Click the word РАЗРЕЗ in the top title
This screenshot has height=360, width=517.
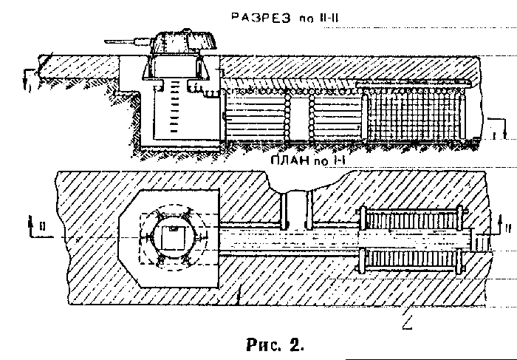261,18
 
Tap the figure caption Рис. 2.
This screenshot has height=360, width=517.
275,345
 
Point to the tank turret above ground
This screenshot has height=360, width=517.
183,41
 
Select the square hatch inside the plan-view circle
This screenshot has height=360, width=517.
173,237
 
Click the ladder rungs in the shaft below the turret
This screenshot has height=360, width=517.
174,106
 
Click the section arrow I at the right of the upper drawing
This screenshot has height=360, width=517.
497,128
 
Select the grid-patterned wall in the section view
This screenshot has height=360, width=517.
414,114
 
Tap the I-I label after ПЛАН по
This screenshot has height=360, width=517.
338,160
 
